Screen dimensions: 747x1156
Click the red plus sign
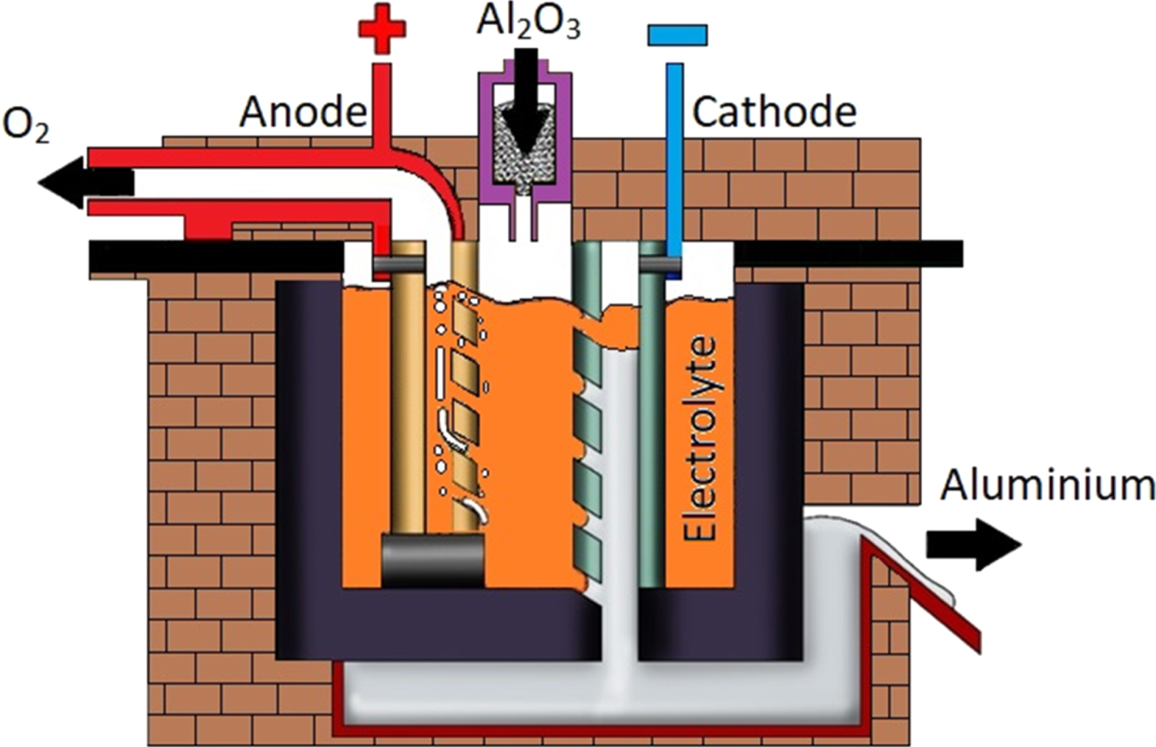point(381,29)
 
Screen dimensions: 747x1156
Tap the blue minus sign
point(677,35)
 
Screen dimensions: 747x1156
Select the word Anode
point(303,113)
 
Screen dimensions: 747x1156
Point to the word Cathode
point(775,113)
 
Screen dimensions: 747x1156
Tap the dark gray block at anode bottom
point(432,559)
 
